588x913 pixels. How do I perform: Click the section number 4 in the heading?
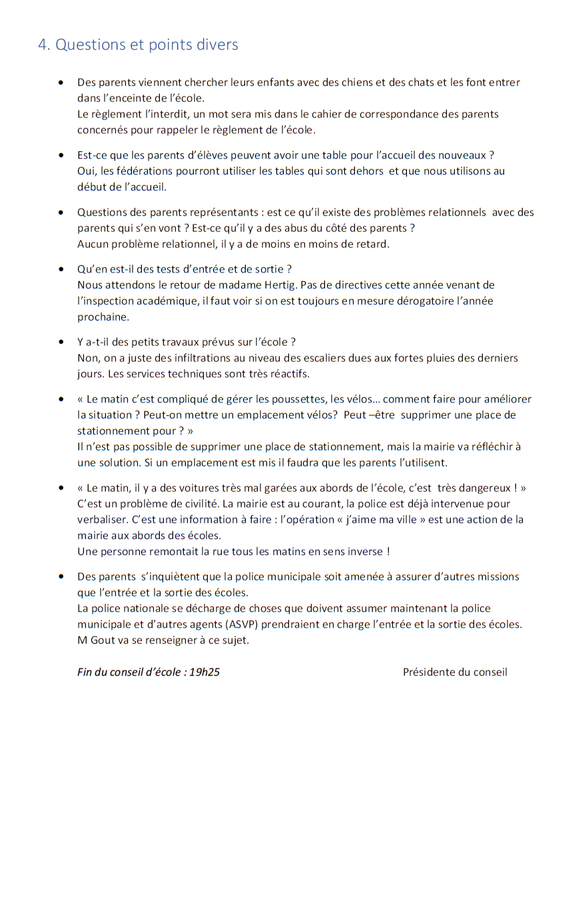pyautogui.click(x=43, y=45)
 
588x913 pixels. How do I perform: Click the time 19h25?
pyautogui.click(x=204, y=672)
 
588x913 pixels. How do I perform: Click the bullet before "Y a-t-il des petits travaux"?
pyautogui.click(x=61, y=343)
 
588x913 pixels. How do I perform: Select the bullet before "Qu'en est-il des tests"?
pyautogui.click(x=61, y=269)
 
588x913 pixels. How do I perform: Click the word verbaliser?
pyautogui.click(x=101, y=520)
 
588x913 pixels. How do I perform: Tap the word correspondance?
pyautogui.click(x=400, y=114)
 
